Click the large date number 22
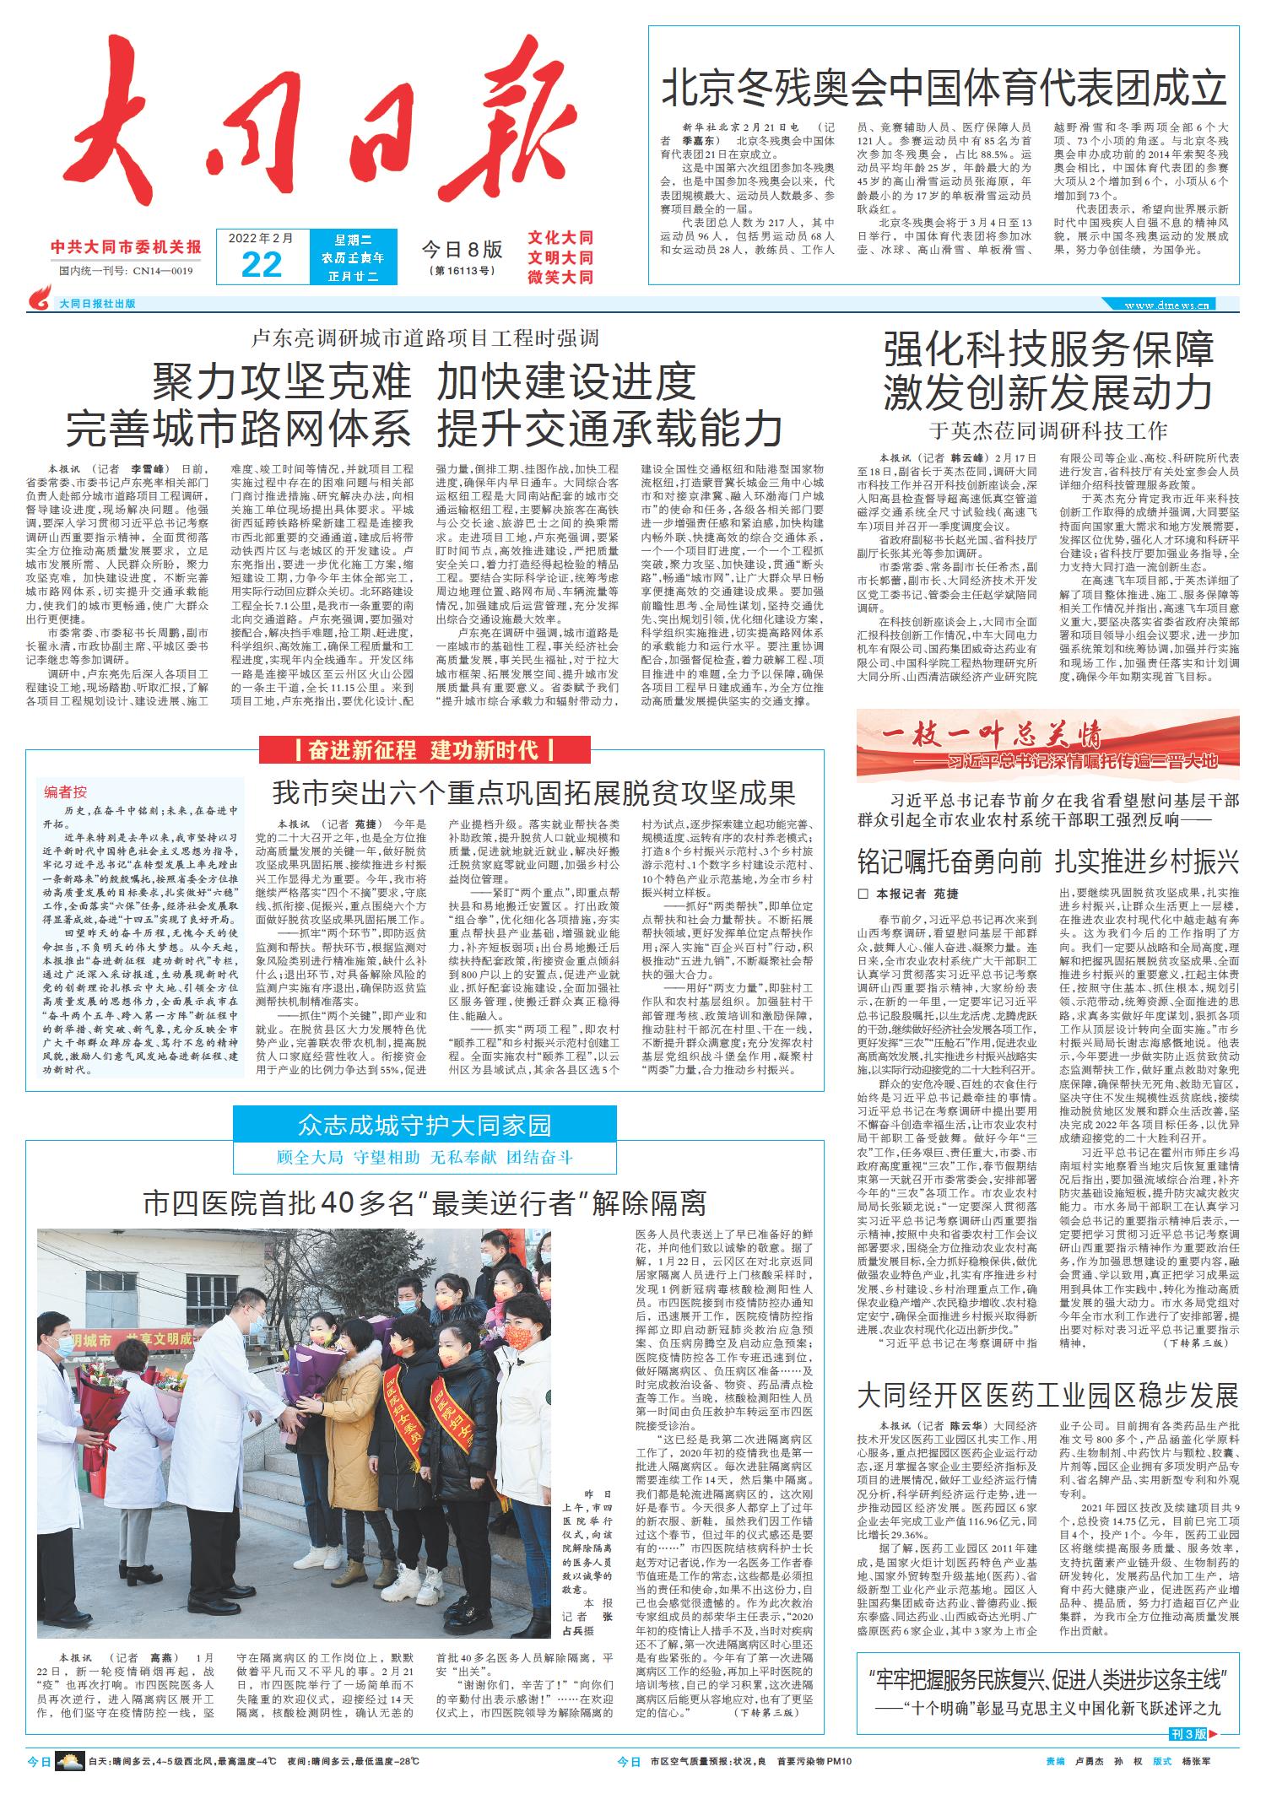point(261,264)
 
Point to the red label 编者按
point(66,791)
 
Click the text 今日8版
point(462,250)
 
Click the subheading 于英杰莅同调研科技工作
point(1048,429)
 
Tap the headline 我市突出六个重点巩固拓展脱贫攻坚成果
point(533,793)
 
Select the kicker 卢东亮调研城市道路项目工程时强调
point(425,338)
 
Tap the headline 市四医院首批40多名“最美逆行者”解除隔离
point(424,1202)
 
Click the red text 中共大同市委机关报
point(126,248)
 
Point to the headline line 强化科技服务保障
point(1048,349)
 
